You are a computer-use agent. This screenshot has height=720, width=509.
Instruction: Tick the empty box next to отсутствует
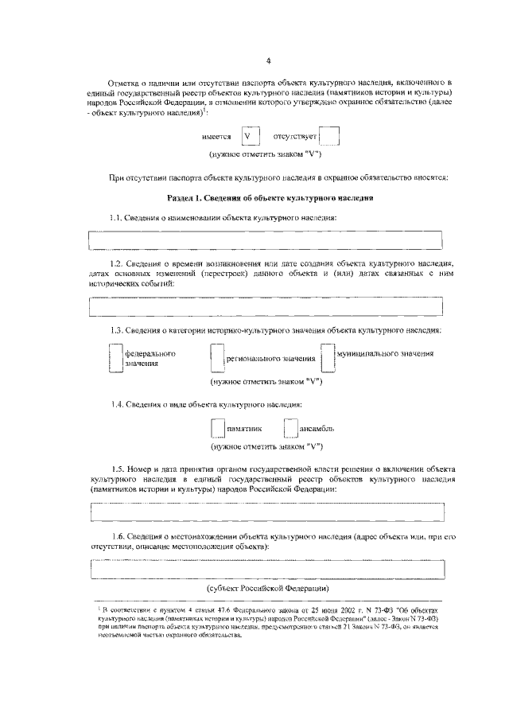coord(329,136)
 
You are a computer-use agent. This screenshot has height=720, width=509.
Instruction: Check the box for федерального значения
coord(115,357)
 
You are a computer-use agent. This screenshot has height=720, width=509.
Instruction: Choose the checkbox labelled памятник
coord(218,428)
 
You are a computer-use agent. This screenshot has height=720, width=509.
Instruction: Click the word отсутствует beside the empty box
coord(295,137)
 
